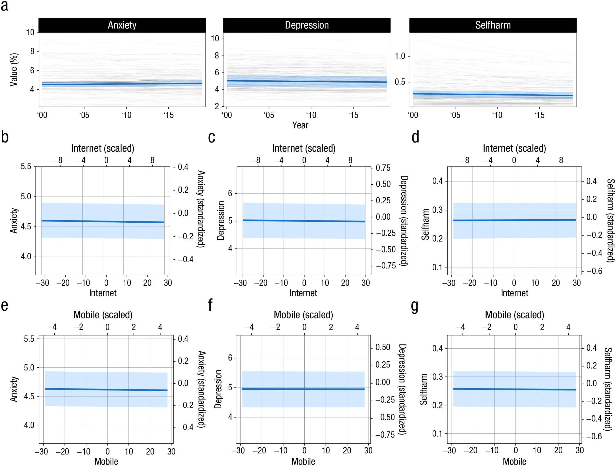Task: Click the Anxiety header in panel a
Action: pyautogui.click(x=122, y=25)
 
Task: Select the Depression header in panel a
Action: pyautogui.click(x=307, y=25)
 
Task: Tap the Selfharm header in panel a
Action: pyautogui.click(x=493, y=25)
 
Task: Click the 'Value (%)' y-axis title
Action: pyautogui.click(x=14, y=70)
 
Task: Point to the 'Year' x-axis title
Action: pyautogui.click(x=300, y=125)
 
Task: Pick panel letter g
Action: pyautogui.click(x=415, y=306)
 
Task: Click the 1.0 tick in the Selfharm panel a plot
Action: pyautogui.click(x=400, y=56)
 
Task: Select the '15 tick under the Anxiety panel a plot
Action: pyautogui.click(x=168, y=115)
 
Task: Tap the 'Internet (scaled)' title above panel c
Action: pyautogui.click(x=304, y=148)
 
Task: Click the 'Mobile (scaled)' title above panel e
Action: pyautogui.click(x=103, y=315)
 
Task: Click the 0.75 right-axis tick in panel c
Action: pyautogui.click(x=383, y=168)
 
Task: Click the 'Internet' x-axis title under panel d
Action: pyautogui.click(x=514, y=293)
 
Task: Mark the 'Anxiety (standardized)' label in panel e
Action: pyautogui.click(x=202, y=389)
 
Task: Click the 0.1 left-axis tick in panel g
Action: pyautogui.click(x=437, y=434)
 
